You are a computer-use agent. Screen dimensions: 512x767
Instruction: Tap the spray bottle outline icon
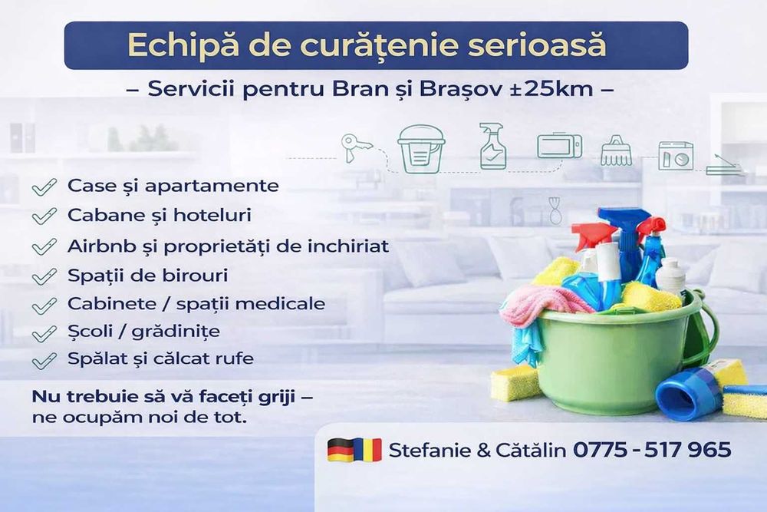coord(491,146)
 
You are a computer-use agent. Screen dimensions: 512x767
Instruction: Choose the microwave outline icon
coord(559,146)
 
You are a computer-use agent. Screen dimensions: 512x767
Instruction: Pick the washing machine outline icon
coord(675,155)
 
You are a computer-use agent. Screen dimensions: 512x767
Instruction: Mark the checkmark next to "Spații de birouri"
coord(44,276)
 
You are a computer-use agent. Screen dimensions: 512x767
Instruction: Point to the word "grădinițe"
coord(179,332)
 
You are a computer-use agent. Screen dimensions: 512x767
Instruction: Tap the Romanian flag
coord(367,450)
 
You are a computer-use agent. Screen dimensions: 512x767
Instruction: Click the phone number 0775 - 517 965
coord(652,450)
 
